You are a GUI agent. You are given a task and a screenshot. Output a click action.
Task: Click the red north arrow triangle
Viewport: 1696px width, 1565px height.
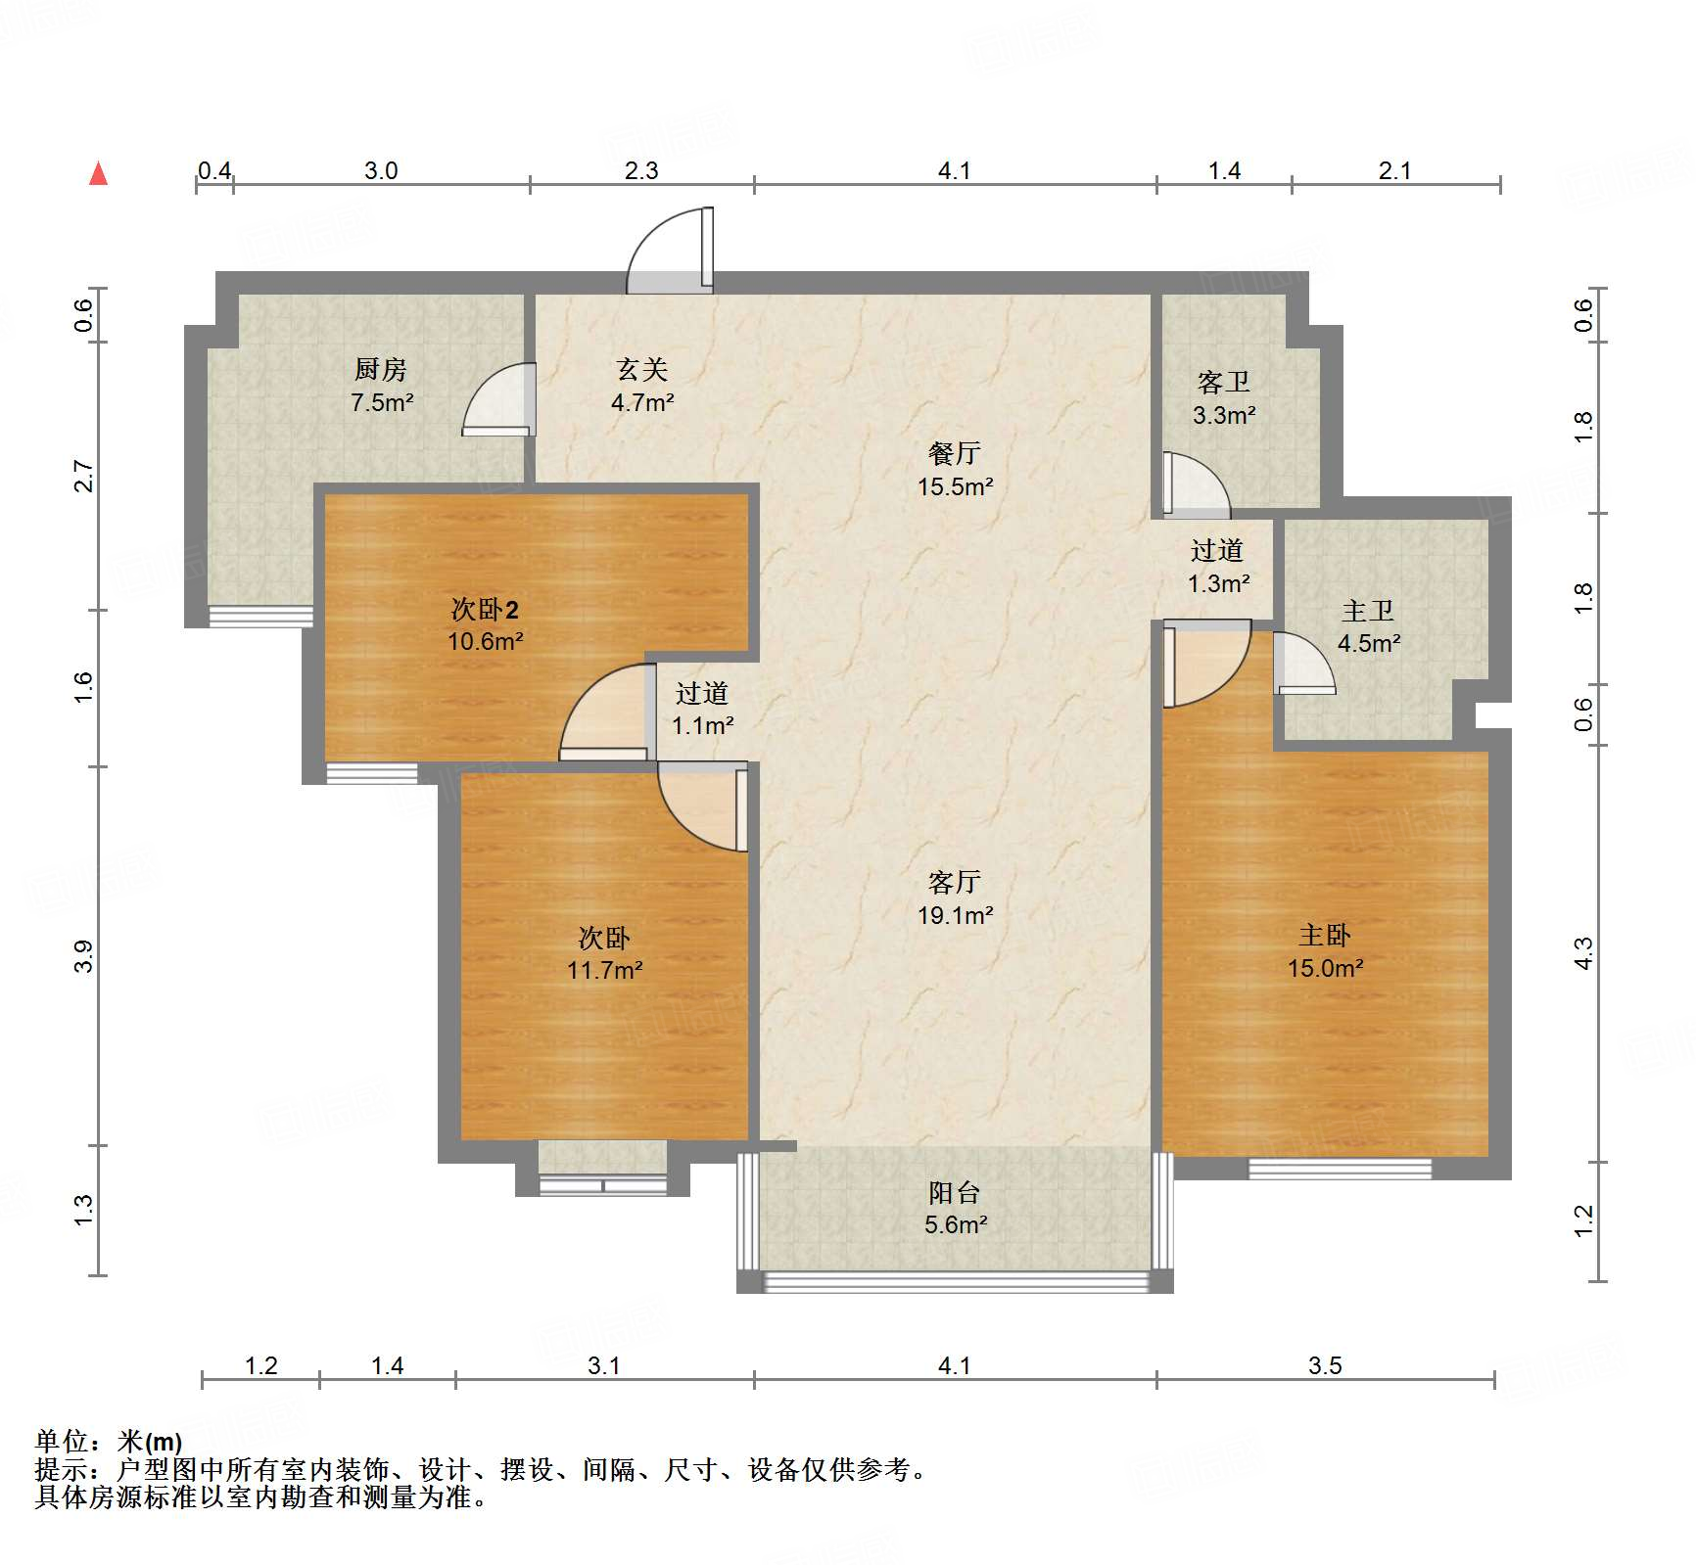[98, 173]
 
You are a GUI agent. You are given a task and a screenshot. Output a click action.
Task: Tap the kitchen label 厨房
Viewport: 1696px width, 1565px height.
[380, 370]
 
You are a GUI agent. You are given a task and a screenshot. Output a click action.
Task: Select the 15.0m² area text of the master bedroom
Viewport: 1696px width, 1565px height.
[1325, 968]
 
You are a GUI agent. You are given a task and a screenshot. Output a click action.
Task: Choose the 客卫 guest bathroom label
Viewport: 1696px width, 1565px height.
[1223, 383]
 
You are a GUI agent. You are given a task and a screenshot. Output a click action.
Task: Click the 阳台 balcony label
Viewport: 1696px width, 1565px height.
[954, 1192]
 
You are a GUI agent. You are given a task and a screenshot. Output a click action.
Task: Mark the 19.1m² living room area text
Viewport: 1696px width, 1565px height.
[955, 915]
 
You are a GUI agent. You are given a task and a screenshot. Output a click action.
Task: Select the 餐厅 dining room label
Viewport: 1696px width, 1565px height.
[954, 454]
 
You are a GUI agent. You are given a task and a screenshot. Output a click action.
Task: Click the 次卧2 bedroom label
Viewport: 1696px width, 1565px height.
[485, 610]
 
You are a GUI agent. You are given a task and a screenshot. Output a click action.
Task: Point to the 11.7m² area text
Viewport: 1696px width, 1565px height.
[604, 970]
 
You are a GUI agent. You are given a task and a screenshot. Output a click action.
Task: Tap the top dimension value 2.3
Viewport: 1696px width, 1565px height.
[641, 171]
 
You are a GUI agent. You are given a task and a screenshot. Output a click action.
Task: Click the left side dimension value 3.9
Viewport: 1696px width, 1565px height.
[84, 955]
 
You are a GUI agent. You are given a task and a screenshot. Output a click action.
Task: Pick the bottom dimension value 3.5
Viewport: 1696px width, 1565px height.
[1324, 1365]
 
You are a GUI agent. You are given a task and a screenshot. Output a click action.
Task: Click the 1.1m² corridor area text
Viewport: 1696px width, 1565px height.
[702, 725]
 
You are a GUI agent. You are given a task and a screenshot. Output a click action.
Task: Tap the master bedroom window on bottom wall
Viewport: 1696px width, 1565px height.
[1339, 1168]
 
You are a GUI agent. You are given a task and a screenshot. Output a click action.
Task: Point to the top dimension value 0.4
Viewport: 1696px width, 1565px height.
[214, 171]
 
